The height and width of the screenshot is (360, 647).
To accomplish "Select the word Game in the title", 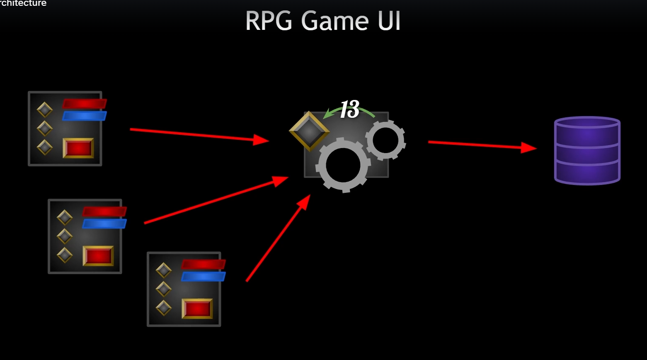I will [334, 21].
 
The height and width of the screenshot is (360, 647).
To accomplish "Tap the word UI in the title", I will [389, 21].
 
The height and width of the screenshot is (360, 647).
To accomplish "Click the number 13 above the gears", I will [349, 109].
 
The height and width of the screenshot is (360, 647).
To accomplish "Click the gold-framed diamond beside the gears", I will [309, 131].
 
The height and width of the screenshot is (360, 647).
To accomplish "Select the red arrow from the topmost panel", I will [199, 135].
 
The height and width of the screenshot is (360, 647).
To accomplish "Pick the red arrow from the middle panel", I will [216, 200].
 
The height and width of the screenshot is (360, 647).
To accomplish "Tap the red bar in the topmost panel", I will [85, 104].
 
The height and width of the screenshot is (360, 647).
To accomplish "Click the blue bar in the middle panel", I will [104, 224].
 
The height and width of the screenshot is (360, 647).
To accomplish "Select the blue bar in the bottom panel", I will [204, 277].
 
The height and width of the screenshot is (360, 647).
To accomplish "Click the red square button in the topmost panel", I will [78, 148].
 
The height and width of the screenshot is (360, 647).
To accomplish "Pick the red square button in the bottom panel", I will [197, 309].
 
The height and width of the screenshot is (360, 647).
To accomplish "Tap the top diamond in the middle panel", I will [65, 217].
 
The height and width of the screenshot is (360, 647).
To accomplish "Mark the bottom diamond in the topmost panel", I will [45, 147].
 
